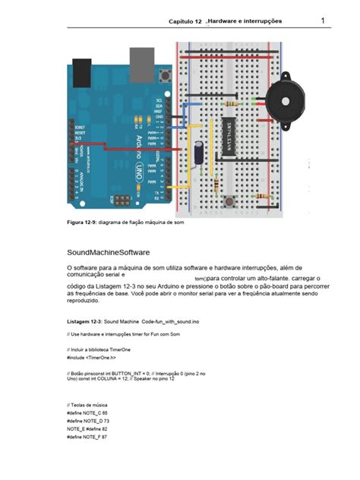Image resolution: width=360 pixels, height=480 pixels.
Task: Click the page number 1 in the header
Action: (x=323, y=21)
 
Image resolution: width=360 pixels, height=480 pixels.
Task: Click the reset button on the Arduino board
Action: (x=165, y=76)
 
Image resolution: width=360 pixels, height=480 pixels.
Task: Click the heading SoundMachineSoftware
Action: (x=108, y=251)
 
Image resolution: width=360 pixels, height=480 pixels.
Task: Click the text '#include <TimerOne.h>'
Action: (x=91, y=357)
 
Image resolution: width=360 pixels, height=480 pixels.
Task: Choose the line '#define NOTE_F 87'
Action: (x=87, y=437)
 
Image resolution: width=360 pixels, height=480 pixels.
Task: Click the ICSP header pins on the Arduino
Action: (x=121, y=201)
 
